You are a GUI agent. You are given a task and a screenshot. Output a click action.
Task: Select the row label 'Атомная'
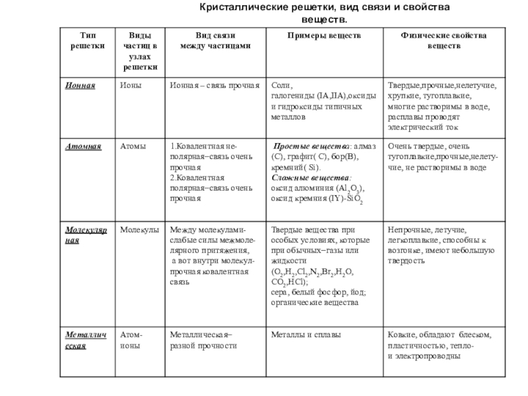[83, 147]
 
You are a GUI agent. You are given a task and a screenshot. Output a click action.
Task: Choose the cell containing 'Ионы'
[130, 86]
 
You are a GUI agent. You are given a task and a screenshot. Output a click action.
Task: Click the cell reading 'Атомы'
[133, 147]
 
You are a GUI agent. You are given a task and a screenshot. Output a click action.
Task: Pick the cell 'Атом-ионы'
[132, 341]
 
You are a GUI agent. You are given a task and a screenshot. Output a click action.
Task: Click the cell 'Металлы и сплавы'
[306, 335]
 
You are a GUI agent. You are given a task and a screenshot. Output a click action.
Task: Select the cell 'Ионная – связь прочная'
[214, 86]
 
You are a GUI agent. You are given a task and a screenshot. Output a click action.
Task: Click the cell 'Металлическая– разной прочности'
[205, 341]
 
